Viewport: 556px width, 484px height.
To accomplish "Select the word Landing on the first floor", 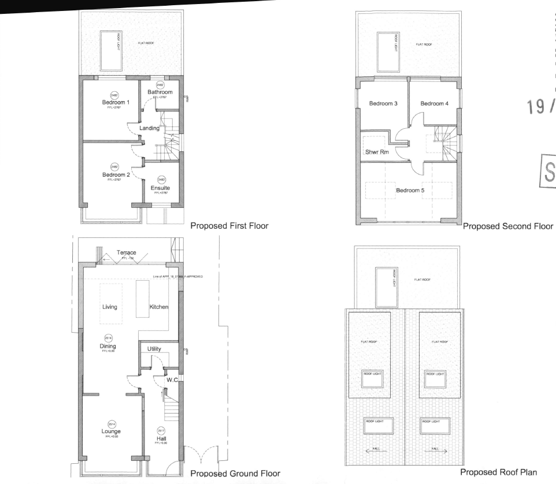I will pyautogui.click(x=149, y=128).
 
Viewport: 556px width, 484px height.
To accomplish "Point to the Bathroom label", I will pyautogui.click(x=160, y=92).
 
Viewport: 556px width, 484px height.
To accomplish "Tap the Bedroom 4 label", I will pyautogui.click(x=434, y=103).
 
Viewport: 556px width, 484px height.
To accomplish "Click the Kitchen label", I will pyautogui.click(x=159, y=307).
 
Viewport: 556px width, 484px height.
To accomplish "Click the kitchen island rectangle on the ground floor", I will pyautogui.click(x=143, y=300).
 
